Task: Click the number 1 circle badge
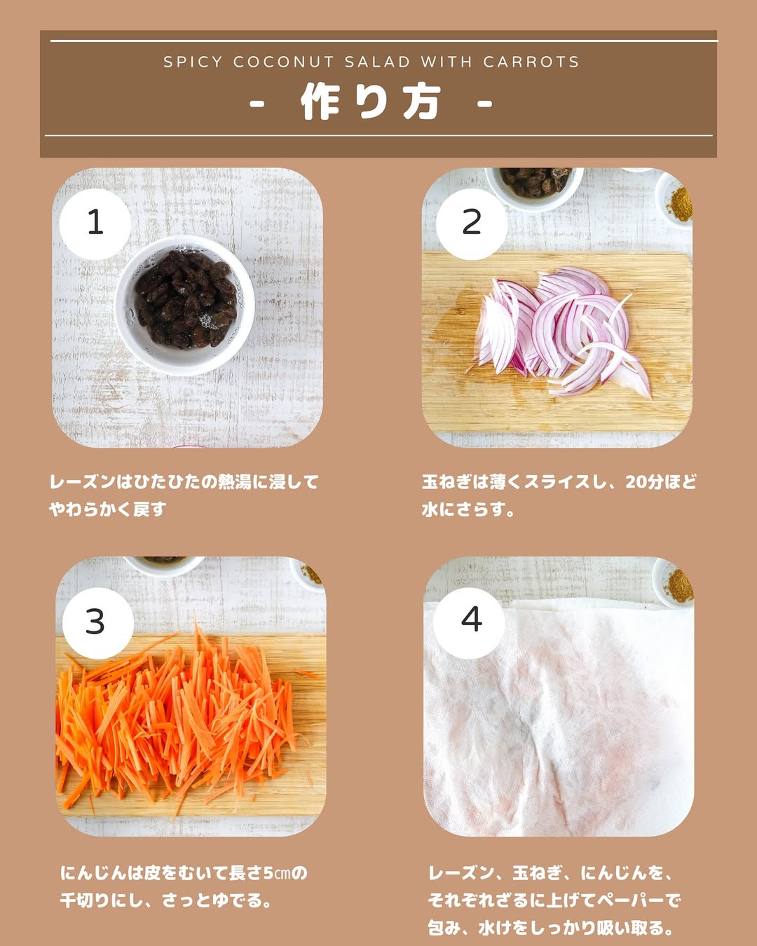point(95,224)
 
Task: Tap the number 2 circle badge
point(472,224)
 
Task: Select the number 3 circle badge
point(98,623)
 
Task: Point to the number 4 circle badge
point(469,623)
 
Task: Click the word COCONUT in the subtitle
point(284,62)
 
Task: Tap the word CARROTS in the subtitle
point(531,62)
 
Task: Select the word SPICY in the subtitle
point(193,62)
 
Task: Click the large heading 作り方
point(370,102)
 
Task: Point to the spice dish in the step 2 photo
point(674,200)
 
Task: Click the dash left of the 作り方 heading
point(257,104)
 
